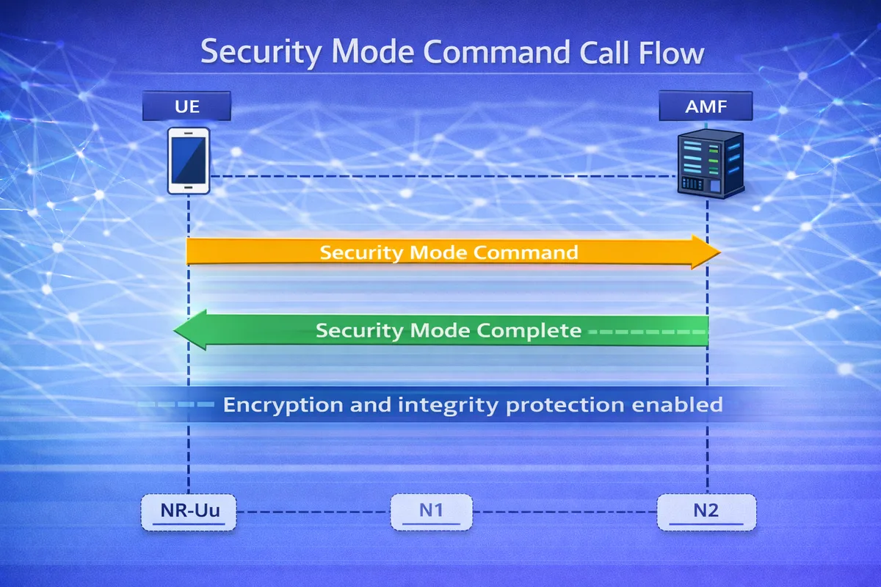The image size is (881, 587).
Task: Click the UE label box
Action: (x=187, y=107)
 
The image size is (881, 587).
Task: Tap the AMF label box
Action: (x=706, y=107)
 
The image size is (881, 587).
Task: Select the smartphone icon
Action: (x=189, y=161)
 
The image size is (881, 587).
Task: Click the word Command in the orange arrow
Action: (x=526, y=252)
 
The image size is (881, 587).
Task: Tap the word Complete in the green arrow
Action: (x=529, y=331)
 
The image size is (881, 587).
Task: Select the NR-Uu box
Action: (x=189, y=511)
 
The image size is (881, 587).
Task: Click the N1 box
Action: (x=431, y=511)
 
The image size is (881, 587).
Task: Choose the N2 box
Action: (x=706, y=511)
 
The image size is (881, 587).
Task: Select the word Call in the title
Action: (x=597, y=54)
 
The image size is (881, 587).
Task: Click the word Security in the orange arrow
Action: (x=363, y=252)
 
